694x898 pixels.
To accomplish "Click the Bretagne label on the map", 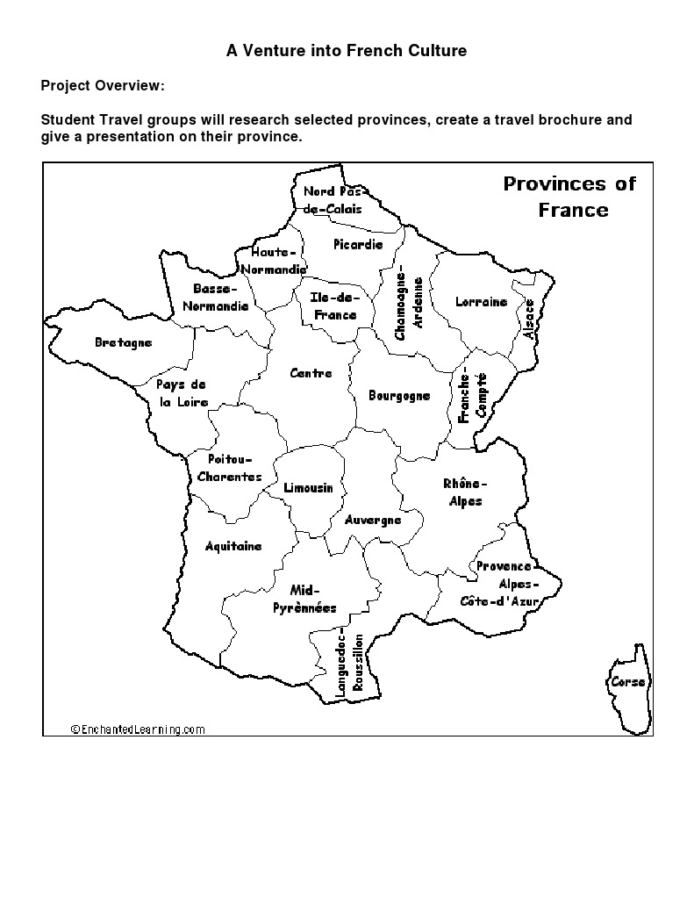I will point(123,342).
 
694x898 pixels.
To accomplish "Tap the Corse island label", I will point(627,682).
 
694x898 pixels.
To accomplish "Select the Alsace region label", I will point(528,319).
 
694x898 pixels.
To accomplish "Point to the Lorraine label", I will point(481,302).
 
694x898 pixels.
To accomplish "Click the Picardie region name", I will point(358,245).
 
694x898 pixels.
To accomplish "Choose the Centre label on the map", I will point(311,373).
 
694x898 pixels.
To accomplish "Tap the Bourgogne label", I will point(399,396).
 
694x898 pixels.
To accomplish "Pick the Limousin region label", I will point(308,487).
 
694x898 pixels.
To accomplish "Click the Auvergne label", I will point(373,520).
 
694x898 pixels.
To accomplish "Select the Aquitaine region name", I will point(233,546).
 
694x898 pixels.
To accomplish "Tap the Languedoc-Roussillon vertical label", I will point(350,666).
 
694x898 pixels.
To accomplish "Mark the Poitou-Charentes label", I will point(229,468).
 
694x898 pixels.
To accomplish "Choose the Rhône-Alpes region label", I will point(464,492).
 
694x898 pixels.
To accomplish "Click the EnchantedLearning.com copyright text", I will point(137,729).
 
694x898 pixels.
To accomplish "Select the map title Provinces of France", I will point(570,197).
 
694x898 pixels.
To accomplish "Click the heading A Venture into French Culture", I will point(347,51).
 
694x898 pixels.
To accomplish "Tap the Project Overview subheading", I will point(102,86).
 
